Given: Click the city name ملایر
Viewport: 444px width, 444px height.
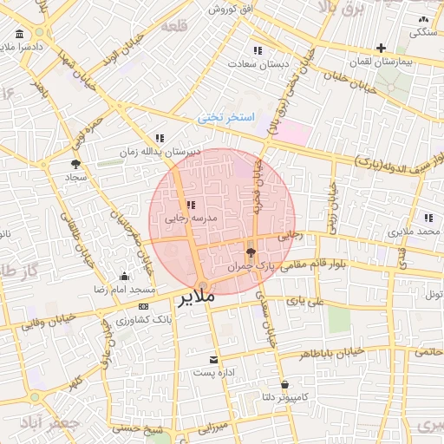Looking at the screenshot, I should (197, 299).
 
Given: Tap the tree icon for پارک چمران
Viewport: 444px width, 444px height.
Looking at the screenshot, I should (251, 253).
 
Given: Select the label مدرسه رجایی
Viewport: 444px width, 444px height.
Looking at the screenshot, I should (189, 219).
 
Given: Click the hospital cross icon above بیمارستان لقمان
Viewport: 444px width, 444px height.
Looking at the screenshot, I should (381, 48).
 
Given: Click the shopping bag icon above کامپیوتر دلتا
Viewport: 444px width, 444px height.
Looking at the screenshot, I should (284, 383).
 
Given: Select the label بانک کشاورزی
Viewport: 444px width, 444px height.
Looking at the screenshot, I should (140, 320).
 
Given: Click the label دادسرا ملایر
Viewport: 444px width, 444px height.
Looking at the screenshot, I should (19, 48).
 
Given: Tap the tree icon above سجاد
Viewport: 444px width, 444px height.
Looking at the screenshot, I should (76, 163).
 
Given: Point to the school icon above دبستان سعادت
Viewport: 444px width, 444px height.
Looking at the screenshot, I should (257, 50).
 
